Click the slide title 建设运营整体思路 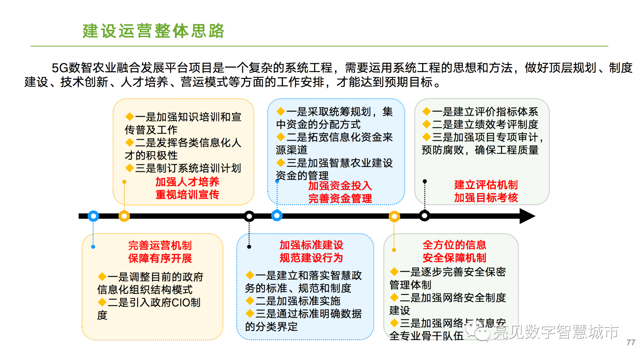(154, 31)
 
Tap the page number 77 (631, 343)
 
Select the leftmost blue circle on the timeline (93, 216)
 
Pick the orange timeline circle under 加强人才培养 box (124, 216)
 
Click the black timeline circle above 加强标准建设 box (249, 216)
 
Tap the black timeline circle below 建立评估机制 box (425, 216)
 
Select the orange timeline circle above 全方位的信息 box (394, 216)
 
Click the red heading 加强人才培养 (187, 182)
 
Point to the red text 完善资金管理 (340, 199)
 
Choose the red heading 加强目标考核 (486, 198)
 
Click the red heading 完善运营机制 (160, 245)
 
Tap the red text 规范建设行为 (311, 258)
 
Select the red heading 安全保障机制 (454, 258)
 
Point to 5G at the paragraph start (60, 68)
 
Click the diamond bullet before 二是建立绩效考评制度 (426, 124)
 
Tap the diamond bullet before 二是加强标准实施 (250, 301)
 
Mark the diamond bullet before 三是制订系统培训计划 (130, 168)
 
